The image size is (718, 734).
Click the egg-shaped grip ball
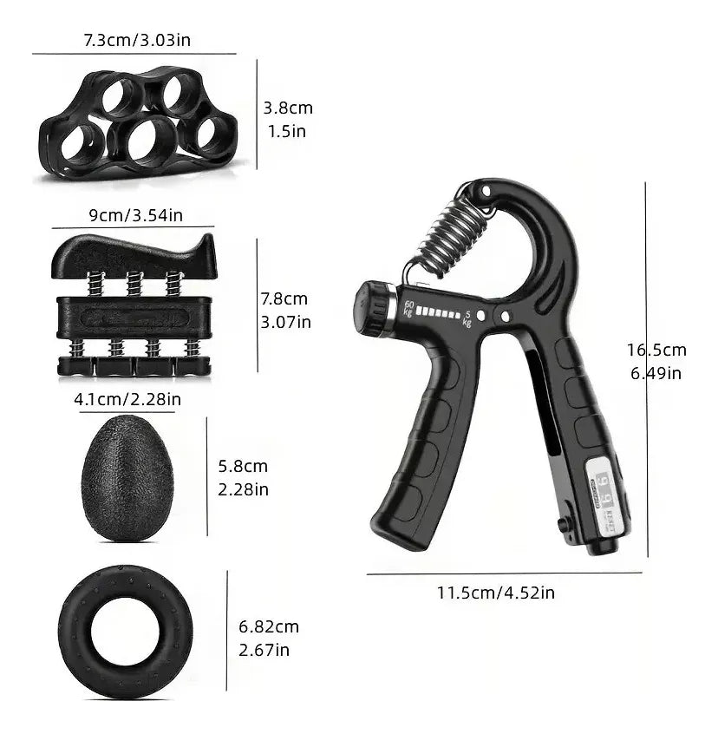[127, 478]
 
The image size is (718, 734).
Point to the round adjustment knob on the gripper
[372, 307]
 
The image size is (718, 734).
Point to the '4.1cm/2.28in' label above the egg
[127, 399]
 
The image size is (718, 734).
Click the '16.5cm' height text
[656, 351]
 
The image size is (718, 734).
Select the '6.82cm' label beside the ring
[268, 626]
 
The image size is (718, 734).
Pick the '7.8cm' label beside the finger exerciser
[284, 298]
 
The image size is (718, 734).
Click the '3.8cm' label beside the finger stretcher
[288, 108]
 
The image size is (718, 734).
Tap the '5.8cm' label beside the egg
[244, 466]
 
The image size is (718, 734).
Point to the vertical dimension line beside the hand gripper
[645, 364]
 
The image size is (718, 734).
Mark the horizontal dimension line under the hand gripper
[503, 573]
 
